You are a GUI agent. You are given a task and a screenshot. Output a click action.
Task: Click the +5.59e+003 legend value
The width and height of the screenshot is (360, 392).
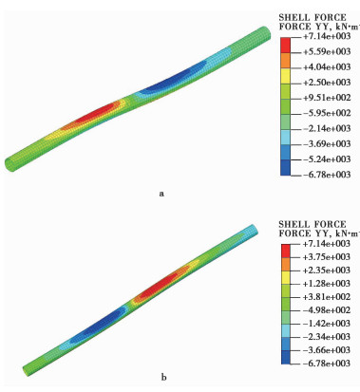tap(327, 51)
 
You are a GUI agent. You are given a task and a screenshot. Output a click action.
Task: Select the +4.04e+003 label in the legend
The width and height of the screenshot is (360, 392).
tap(327, 67)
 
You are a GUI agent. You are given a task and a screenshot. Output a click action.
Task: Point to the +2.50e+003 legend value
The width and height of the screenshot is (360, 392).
tap(327, 83)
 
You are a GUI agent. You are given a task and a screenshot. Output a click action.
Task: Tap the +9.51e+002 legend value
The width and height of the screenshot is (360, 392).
tap(327, 98)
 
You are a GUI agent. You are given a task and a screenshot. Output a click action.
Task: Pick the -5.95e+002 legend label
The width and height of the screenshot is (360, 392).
tap(327, 113)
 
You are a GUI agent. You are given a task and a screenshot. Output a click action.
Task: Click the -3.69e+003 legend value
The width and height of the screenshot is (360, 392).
tap(327, 144)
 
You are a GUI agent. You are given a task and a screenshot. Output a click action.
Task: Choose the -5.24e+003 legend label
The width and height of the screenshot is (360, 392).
tap(327, 159)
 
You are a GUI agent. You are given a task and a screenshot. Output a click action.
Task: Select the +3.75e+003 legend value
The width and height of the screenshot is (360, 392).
tap(327, 257)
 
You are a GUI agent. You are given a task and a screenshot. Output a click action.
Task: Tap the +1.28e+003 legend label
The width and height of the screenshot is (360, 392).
tap(327, 284)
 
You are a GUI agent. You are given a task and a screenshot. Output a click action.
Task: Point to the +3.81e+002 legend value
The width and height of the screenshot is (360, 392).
tap(327, 297)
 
